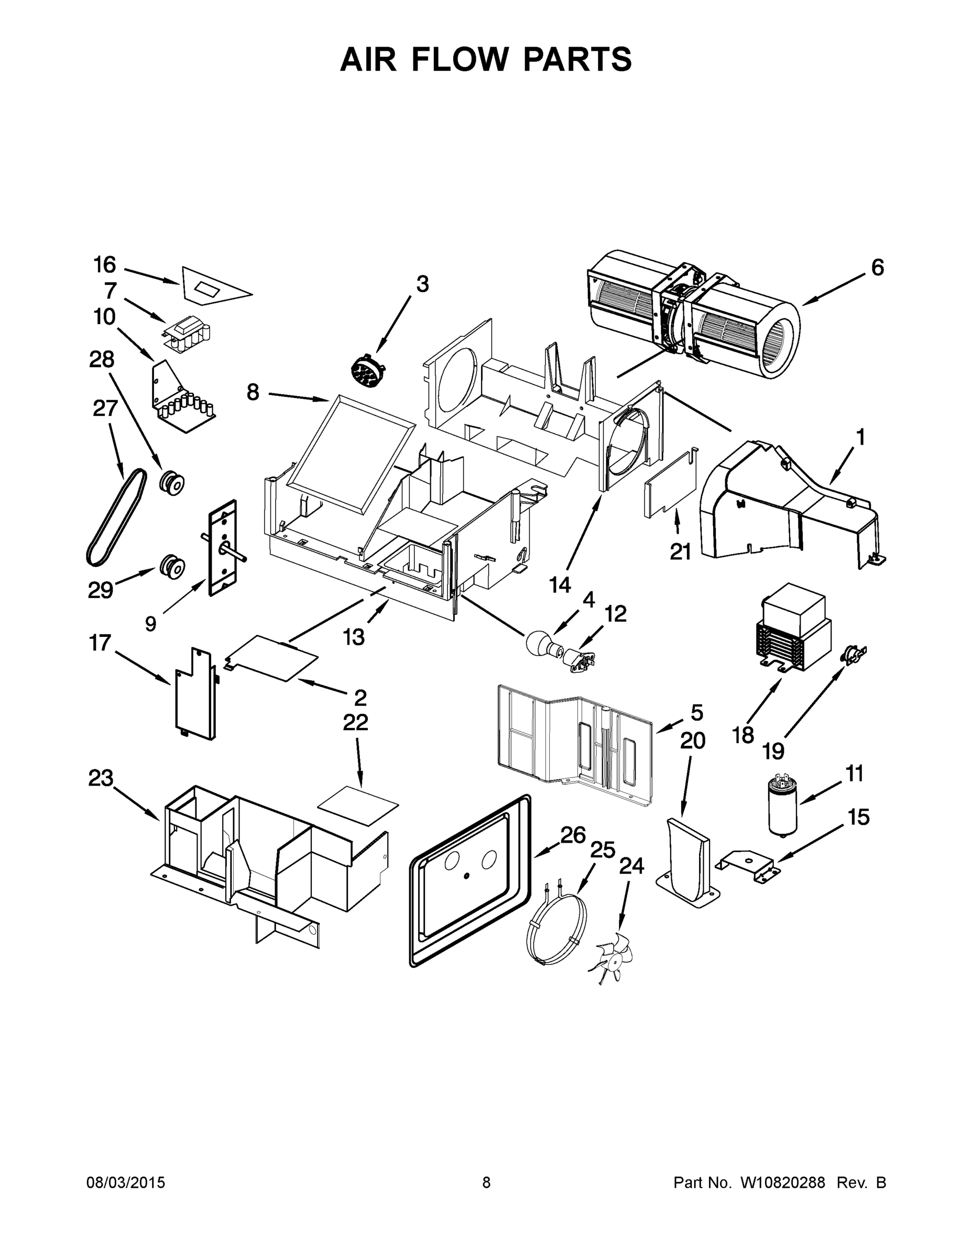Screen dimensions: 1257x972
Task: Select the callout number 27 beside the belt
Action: pos(105,409)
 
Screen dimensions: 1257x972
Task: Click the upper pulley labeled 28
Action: pos(171,482)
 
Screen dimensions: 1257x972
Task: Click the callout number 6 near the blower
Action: pos(877,268)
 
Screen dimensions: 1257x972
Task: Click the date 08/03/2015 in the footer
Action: pos(126,1182)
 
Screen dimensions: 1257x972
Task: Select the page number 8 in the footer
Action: pos(486,1182)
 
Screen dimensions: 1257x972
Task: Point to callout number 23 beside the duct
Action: pos(101,778)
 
